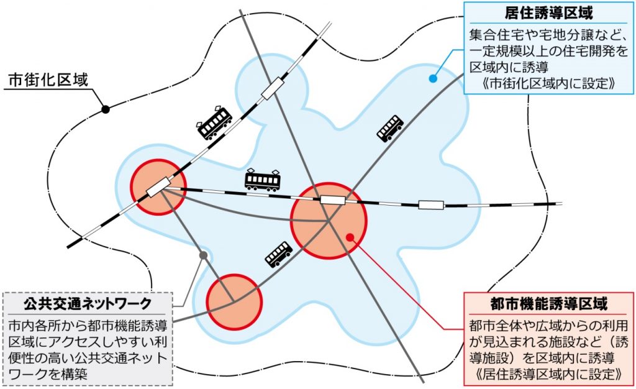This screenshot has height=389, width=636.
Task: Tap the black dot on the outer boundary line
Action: (x=106, y=109)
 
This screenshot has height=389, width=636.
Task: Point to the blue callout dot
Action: (x=433, y=79)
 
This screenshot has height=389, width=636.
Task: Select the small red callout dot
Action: (x=351, y=237)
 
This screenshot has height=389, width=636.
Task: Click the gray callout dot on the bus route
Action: (x=204, y=255)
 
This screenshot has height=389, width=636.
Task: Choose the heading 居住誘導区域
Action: (x=548, y=14)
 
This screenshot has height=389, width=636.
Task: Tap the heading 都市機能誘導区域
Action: (x=549, y=304)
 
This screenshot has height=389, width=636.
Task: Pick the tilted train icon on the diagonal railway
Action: (x=214, y=123)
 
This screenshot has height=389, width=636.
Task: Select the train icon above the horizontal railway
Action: (x=263, y=180)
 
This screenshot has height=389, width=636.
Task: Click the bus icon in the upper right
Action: (x=390, y=128)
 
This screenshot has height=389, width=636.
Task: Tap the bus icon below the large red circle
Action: (x=279, y=254)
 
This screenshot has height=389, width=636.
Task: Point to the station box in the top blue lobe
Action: (x=272, y=89)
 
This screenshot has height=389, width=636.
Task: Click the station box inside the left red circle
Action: (x=157, y=188)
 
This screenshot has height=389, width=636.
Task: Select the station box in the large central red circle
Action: (x=333, y=199)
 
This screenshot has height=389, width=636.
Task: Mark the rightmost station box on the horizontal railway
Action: (x=431, y=205)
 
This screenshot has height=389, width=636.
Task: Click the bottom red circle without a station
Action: (x=234, y=302)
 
